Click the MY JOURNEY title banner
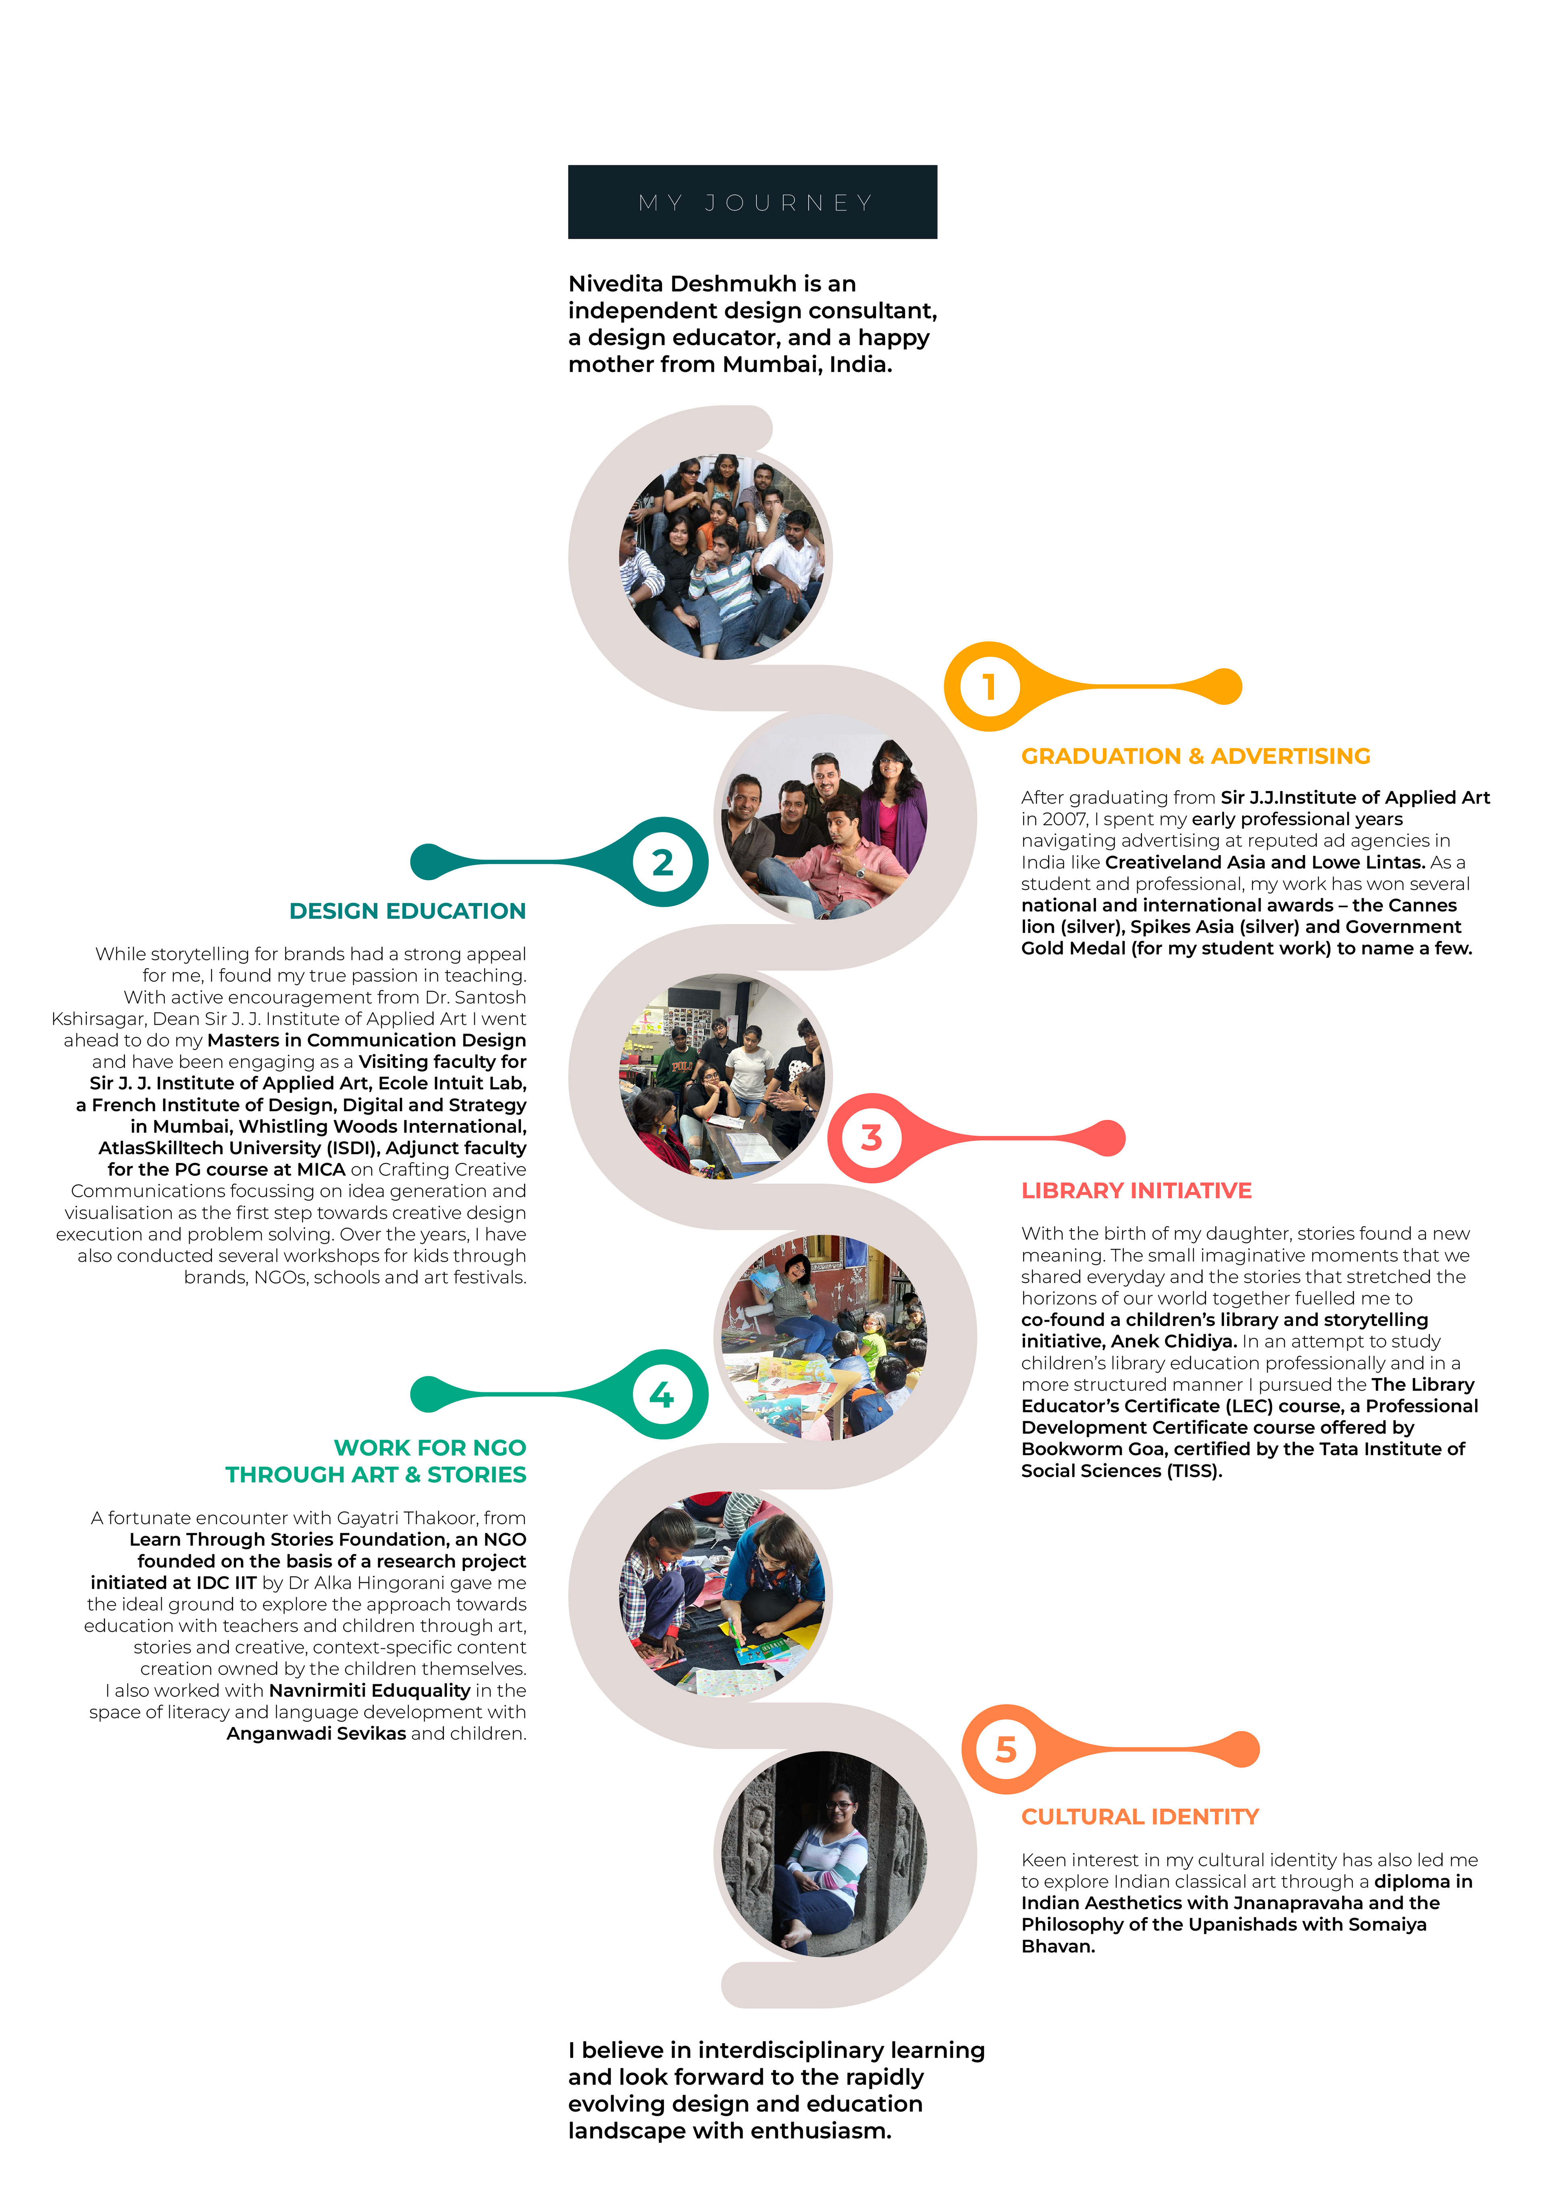coord(752,202)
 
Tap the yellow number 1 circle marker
coord(989,686)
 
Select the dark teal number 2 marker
coord(662,862)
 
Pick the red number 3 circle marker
coord(871,1137)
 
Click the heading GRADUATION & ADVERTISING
coord(1195,756)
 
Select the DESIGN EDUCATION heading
coord(407,912)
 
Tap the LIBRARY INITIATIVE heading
coord(1136,1191)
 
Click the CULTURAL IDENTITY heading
coord(1140,1817)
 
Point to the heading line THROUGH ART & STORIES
coord(376,1475)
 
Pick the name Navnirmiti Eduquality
coord(369,1690)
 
